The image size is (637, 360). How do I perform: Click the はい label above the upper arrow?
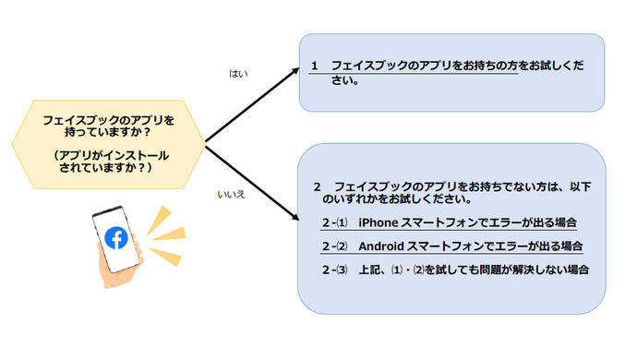point(239,72)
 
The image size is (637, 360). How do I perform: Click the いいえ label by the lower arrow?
point(231,195)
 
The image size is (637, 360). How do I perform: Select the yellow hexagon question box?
point(108,142)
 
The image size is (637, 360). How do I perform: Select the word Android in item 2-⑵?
point(380,246)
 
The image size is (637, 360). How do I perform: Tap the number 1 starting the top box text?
point(315,68)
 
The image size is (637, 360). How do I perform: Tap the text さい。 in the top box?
point(345,81)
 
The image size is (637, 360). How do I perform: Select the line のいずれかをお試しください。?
point(397,198)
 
